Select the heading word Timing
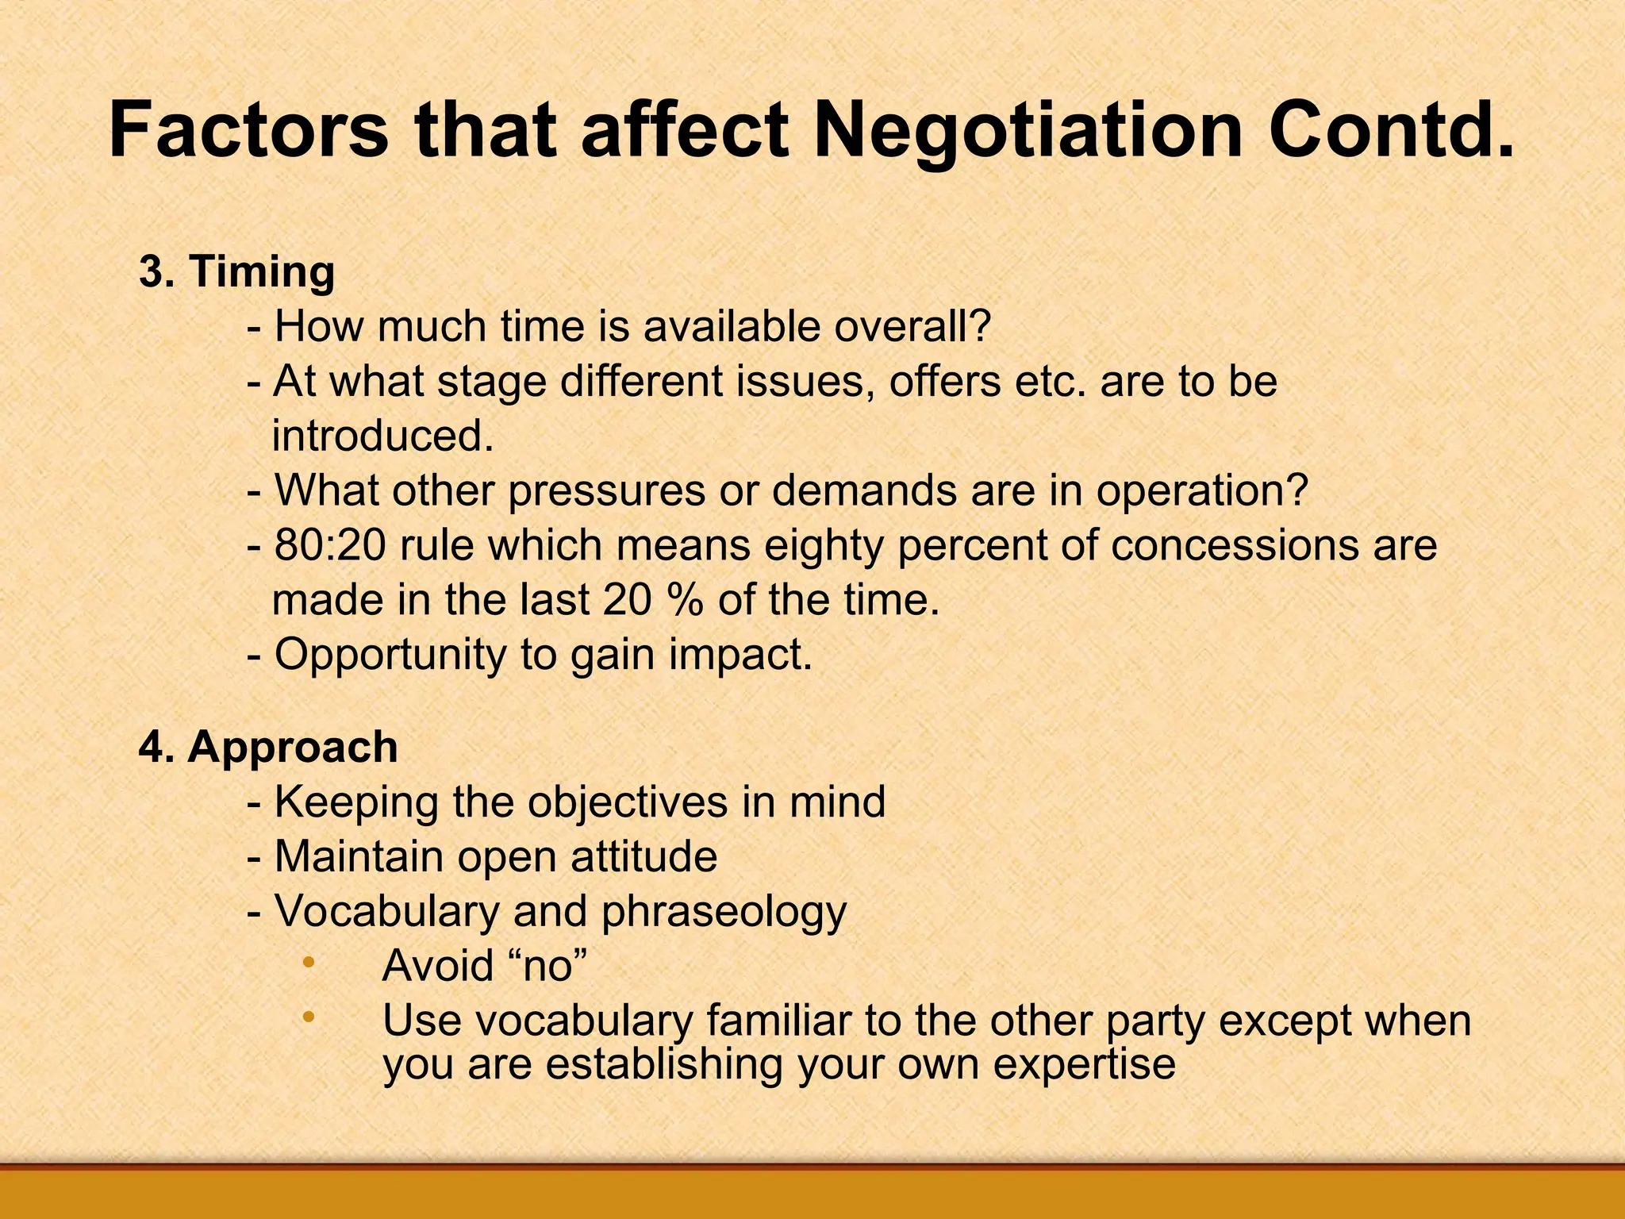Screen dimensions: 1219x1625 click(262, 271)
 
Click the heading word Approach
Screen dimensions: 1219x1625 click(293, 748)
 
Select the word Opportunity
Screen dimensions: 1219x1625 click(390, 656)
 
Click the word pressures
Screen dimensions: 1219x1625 click(606, 491)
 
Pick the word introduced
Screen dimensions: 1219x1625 click(383, 436)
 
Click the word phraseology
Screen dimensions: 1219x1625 click(724, 912)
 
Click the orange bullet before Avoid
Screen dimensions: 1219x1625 click(309, 963)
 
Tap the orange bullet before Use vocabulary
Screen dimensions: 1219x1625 click(309, 1017)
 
